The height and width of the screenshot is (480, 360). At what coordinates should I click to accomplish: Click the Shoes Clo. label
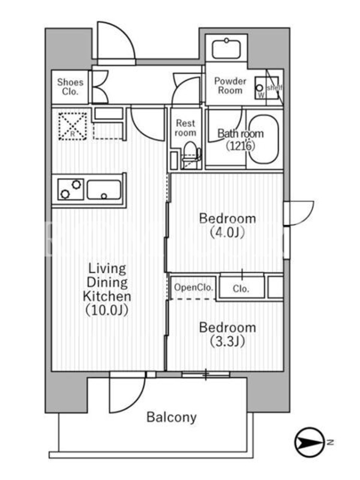[70, 86]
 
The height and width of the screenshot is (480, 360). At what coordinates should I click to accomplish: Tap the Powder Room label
[230, 86]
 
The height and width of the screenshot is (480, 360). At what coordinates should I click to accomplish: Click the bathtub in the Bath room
[263, 139]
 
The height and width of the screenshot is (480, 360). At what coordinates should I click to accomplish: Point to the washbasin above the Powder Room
[227, 48]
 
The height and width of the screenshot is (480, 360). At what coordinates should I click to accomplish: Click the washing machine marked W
[260, 88]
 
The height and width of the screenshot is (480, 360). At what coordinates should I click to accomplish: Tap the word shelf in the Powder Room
[274, 88]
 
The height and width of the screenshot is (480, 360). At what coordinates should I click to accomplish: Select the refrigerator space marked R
[73, 127]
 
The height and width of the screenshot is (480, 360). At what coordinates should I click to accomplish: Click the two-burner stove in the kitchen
[70, 190]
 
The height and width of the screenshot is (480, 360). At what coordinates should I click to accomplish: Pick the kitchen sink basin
[104, 190]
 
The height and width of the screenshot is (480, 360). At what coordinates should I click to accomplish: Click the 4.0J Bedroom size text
[227, 233]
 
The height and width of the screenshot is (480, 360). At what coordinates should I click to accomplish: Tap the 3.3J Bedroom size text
[227, 341]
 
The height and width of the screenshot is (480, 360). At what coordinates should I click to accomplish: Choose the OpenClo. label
[193, 287]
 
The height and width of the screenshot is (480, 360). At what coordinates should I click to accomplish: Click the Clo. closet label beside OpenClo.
[241, 289]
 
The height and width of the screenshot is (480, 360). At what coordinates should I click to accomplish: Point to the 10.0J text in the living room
[107, 310]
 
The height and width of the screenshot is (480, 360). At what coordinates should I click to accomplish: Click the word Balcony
[172, 418]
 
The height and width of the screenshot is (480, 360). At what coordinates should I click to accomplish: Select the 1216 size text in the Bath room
[241, 146]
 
